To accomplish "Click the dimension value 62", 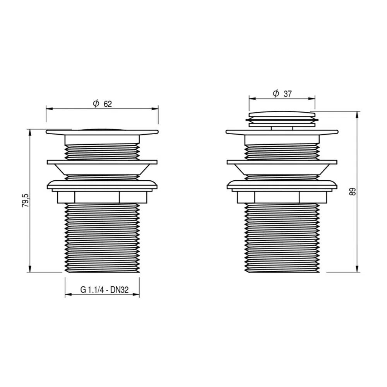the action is coord(108,104).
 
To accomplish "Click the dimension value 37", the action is coord(288,94).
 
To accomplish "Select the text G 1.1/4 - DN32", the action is coord(104,289).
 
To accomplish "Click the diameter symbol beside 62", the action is coord(96,103).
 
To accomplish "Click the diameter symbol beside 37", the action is coord(276,93).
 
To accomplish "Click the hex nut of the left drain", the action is coord(102,197).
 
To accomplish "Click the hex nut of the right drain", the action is coord(282,197).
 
